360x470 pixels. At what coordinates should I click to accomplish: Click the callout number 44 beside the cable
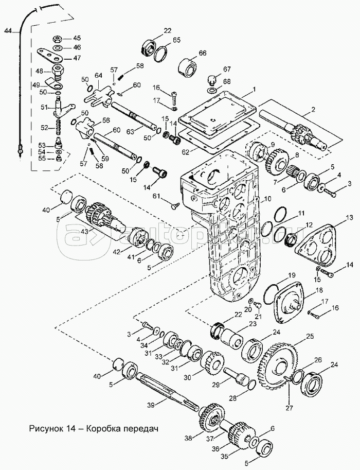(8, 30)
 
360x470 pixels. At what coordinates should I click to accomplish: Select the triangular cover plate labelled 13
(317, 245)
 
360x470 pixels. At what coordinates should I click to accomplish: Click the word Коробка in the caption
(103, 428)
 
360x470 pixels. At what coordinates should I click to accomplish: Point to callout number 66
(203, 53)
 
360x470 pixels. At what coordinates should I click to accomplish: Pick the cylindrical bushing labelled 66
(188, 66)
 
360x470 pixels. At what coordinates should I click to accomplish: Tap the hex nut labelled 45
(58, 39)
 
